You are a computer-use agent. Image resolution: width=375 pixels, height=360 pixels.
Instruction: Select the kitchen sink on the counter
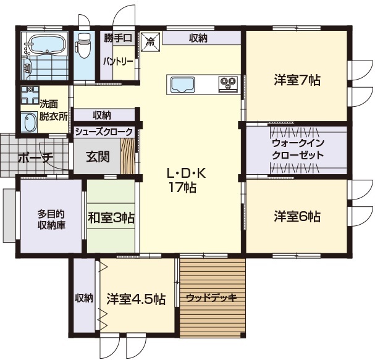tap(181, 84)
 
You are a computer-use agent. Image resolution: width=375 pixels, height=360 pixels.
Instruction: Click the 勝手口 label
tap(118, 38)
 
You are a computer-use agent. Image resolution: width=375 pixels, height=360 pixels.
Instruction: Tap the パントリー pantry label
tap(118, 62)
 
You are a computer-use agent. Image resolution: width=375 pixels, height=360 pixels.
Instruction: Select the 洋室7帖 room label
tap(297, 80)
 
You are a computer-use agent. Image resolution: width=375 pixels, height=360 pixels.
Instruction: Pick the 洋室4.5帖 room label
tap(136, 299)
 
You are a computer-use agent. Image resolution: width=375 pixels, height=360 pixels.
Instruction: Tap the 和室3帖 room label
tap(111, 217)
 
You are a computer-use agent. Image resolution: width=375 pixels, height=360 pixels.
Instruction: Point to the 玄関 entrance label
tap(98, 156)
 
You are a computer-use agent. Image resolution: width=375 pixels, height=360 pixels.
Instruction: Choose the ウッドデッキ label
tap(211, 298)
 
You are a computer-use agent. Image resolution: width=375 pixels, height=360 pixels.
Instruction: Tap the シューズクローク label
tap(104, 131)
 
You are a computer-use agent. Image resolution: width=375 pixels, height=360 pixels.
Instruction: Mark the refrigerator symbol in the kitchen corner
tap(151, 42)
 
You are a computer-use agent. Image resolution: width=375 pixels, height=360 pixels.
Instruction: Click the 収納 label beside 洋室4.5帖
tap(84, 298)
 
